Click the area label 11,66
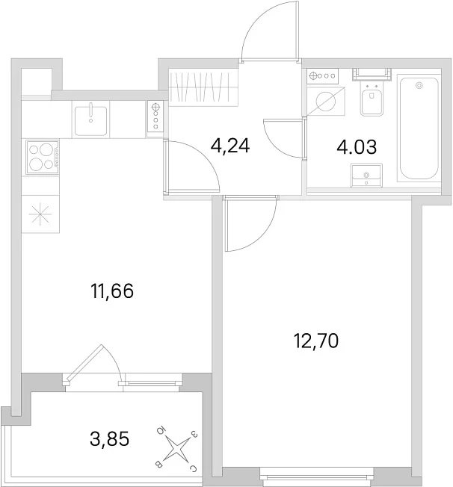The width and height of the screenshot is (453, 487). click(112, 291)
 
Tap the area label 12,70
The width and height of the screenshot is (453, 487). click(316, 341)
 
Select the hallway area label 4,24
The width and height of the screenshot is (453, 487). click(229, 146)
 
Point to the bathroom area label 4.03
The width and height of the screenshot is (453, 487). click(357, 147)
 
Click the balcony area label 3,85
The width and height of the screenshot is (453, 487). click(109, 439)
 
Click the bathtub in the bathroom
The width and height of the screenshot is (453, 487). click(419, 128)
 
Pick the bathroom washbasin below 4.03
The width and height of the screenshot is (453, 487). click(366, 176)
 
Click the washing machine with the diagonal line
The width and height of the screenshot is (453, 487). click(326, 101)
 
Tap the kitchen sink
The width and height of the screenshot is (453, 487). click(90, 120)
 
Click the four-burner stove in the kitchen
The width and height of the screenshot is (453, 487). click(43, 157)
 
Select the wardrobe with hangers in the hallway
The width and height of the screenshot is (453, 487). click(203, 87)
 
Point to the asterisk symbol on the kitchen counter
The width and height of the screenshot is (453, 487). click(40, 214)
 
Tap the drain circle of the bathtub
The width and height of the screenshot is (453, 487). click(419, 85)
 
